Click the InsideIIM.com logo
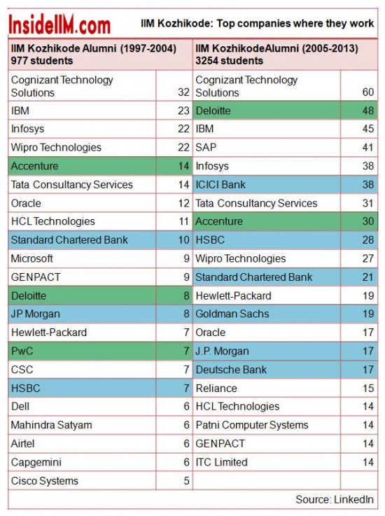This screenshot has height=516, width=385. coord(59,25)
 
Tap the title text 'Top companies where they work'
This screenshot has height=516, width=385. coord(295,24)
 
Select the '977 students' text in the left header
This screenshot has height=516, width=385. coord(42,60)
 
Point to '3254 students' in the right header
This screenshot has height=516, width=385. coord(230,60)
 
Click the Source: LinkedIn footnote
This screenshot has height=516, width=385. coord(335,499)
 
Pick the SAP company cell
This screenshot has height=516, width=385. coord(267,148)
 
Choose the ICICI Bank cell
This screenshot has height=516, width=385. coord(267,185)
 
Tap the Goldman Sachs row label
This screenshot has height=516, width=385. coord(232,314)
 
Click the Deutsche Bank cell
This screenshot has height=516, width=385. coord(267,370)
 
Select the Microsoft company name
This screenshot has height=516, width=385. coord(32,258)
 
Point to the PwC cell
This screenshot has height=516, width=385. coord(82,351)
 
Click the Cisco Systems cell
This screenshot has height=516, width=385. coord(82,481)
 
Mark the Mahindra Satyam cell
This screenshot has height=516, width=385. coord(82,425)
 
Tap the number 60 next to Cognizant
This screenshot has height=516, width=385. coord(368,92)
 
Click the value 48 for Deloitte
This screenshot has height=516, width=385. coord(368,111)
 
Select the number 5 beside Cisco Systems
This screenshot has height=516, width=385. coord(187,481)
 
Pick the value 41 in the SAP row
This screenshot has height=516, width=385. coord(368,148)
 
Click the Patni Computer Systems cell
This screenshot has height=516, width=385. coord(267,425)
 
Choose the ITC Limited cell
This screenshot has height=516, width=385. coord(267,462)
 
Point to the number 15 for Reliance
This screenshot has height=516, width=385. coord(368,388)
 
